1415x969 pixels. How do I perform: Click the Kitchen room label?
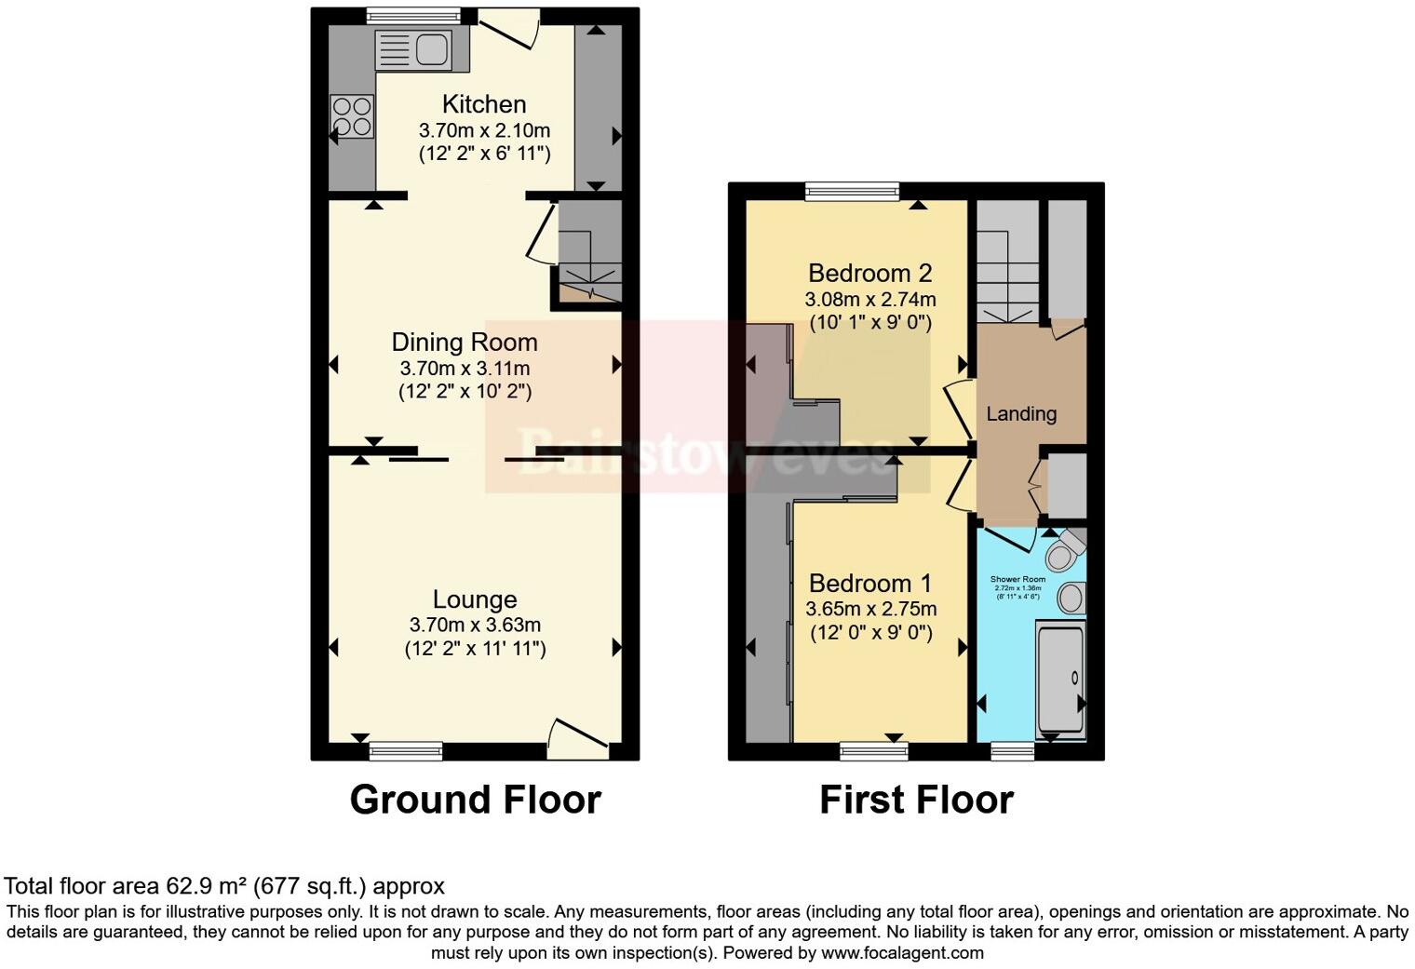(x=483, y=104)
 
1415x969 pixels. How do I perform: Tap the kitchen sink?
(x=412, y=49)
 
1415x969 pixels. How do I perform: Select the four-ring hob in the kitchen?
(x=352, y=117)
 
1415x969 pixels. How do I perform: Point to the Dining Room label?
(x=464, y=343)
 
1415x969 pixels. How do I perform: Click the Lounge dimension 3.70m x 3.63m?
(x=475, y=625)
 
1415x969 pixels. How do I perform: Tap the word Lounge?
(x=475, y=600)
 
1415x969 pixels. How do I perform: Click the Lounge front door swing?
(x=577, y=734)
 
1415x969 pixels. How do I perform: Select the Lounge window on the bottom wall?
(x=405, y=750)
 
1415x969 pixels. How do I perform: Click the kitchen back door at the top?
(x=507, y=28)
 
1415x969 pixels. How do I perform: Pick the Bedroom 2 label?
(x=869, y=274)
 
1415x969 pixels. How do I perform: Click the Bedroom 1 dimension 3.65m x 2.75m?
(x=870, y=610)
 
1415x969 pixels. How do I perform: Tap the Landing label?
(x=1021, y=414)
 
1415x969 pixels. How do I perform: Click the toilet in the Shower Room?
(x=1064, y=551)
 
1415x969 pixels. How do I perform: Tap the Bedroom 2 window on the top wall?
(x=852, y=192)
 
